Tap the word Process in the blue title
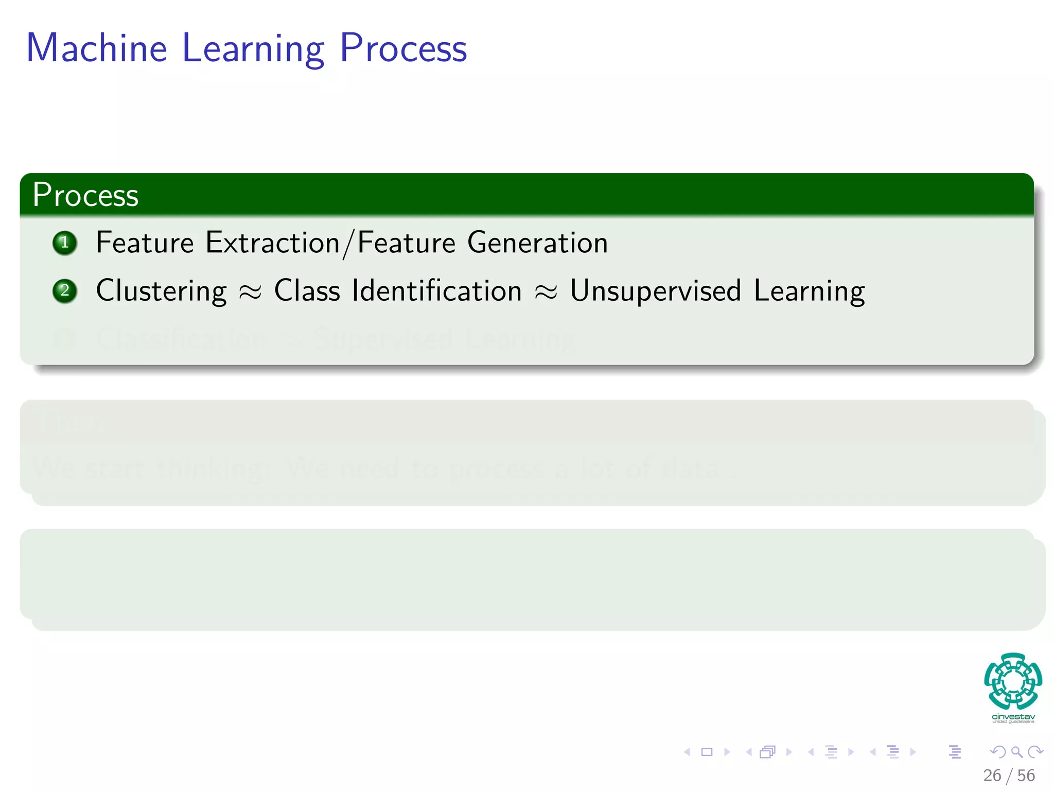403,49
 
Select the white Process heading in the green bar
85,195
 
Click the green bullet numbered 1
65,243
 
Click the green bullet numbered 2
65,291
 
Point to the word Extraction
272,243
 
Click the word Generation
537,243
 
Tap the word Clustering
161,291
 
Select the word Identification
436,291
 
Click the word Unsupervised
655,291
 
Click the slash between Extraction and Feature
348,244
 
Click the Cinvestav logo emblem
1013,681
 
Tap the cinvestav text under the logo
1013,716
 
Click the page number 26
992,775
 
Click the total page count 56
1026,775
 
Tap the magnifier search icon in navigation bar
1016,752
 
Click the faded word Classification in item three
181,339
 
